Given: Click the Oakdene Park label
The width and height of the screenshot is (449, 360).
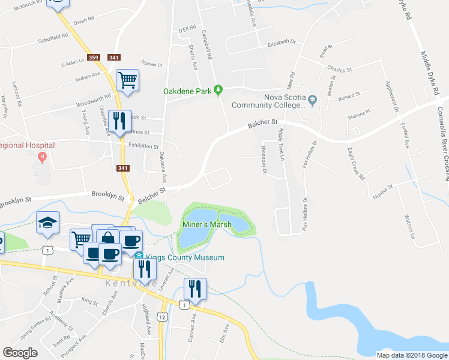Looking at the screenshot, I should tap(188, 91).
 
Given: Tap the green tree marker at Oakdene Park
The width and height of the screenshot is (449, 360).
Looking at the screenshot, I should tap(219, 90).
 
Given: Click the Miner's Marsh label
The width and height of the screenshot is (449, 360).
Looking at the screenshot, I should tap(206, 225).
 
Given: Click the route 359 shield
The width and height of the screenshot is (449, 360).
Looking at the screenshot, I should tap(93, 58).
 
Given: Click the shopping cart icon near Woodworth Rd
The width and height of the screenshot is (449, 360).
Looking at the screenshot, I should tap(127, 80).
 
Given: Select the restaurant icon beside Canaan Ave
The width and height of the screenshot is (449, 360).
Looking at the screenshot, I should tap(195, 289).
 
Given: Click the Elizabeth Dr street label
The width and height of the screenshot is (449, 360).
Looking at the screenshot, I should tap(282, 43).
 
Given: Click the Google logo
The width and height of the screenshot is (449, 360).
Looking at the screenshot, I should tap(20, 353).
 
